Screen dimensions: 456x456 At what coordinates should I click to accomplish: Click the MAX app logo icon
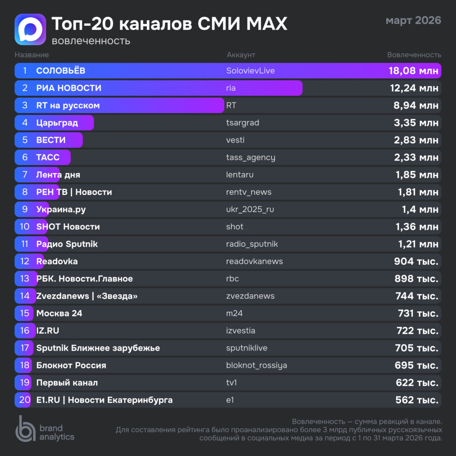[30, 29]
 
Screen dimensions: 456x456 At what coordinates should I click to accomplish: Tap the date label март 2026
[413, 20]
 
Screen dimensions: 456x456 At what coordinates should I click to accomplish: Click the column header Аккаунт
[241, 55]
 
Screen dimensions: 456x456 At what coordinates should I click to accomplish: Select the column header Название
[32, 55]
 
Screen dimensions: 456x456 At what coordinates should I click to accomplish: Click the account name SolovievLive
[250, 71]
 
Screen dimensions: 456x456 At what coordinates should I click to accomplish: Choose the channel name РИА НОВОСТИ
[69, 88]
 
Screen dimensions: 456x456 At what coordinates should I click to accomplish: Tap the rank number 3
[25, 106]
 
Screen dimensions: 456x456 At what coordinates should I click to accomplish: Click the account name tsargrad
[243, 123]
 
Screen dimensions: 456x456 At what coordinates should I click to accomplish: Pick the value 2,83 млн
[416, 140]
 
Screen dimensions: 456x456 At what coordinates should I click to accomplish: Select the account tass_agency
[251, 157]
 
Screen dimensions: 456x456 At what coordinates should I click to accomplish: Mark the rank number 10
[25, 227]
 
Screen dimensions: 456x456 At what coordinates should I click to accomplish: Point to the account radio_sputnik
[252, 244]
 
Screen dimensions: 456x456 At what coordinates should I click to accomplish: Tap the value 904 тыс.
[416, 261]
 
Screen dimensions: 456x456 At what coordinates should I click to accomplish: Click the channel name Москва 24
[59, 313]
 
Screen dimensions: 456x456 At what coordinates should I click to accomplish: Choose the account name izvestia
[240, 330]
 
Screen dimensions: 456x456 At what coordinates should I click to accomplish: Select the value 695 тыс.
[416, 365]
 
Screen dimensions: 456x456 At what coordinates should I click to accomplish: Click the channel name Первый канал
[67, 383]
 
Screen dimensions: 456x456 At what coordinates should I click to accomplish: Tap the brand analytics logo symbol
[25, 428]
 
